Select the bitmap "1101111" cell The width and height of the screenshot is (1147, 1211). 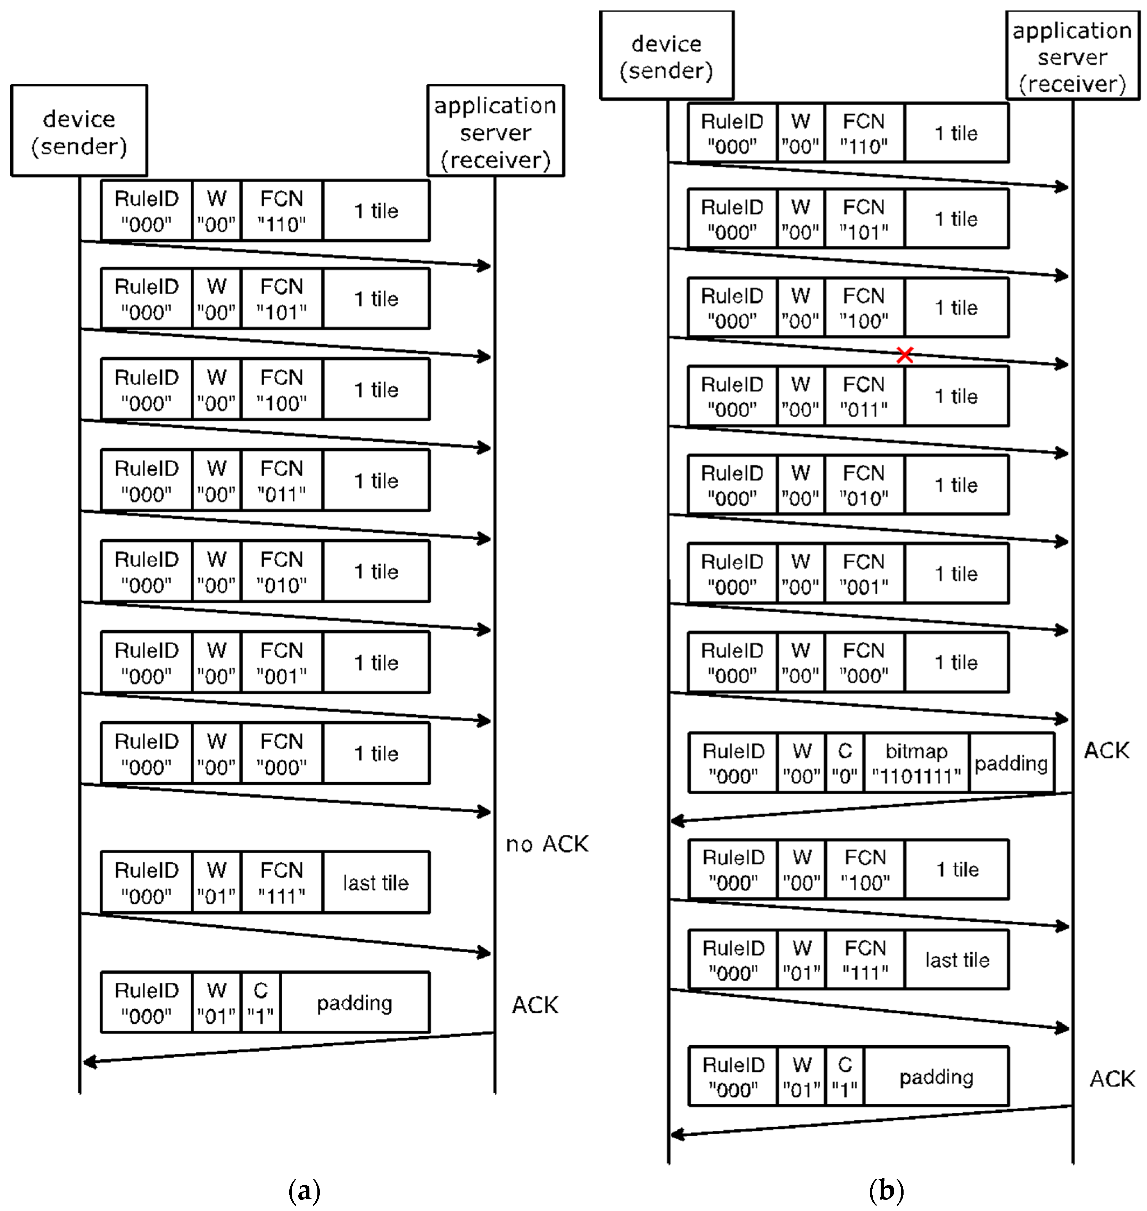[916, 763]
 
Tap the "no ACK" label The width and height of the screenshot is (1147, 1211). [547, 844]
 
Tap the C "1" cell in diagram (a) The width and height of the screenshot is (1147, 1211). [260, 1003]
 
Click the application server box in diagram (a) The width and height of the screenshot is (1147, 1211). [495, 131]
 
